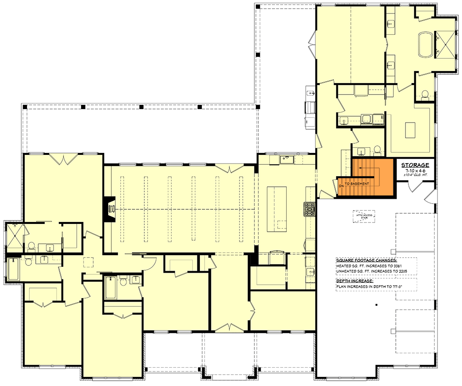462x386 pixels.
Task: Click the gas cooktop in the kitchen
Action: (x=309, y=208)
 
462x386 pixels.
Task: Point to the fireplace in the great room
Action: (x=110, y=208)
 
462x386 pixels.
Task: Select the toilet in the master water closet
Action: (x=425, y=95)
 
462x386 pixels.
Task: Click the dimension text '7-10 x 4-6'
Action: (x=416, y=171)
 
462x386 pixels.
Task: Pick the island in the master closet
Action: (x=410, y=129)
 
